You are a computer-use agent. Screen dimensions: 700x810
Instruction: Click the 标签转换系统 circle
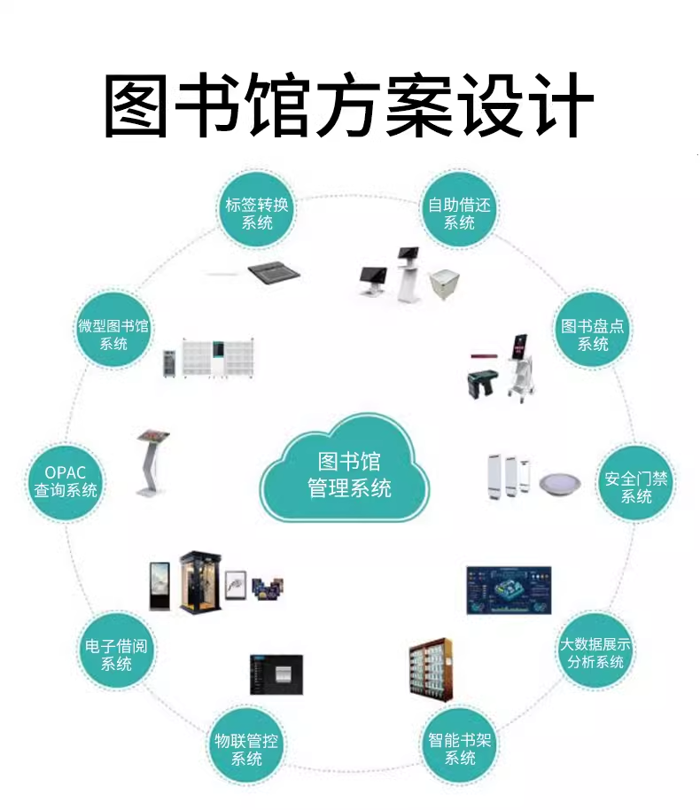(x=256, y=213)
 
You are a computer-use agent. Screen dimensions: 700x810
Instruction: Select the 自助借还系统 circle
(x=459, y=213)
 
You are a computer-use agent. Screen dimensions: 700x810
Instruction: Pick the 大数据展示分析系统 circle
(x=595, y=652)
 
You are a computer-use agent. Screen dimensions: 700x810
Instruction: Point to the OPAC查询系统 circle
(x=65, y=481)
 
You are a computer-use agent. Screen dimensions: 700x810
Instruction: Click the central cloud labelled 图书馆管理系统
(x=345, y=469)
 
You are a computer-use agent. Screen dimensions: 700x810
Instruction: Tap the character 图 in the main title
(x=136, y=106)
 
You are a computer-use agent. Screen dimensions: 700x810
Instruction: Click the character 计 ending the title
(x=562, y=106)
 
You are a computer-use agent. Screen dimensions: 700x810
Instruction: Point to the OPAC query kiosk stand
(x=152, y=463)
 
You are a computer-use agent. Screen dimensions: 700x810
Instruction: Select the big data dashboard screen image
(x=509, y=590)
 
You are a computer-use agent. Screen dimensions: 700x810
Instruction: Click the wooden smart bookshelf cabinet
(x=432, y=670)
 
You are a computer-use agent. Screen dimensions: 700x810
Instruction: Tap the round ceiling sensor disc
(x=560, y=484)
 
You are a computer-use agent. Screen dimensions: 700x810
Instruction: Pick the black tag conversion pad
(x=275, y=272)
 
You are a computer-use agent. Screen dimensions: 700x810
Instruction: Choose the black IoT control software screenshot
(x=276, y=674)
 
